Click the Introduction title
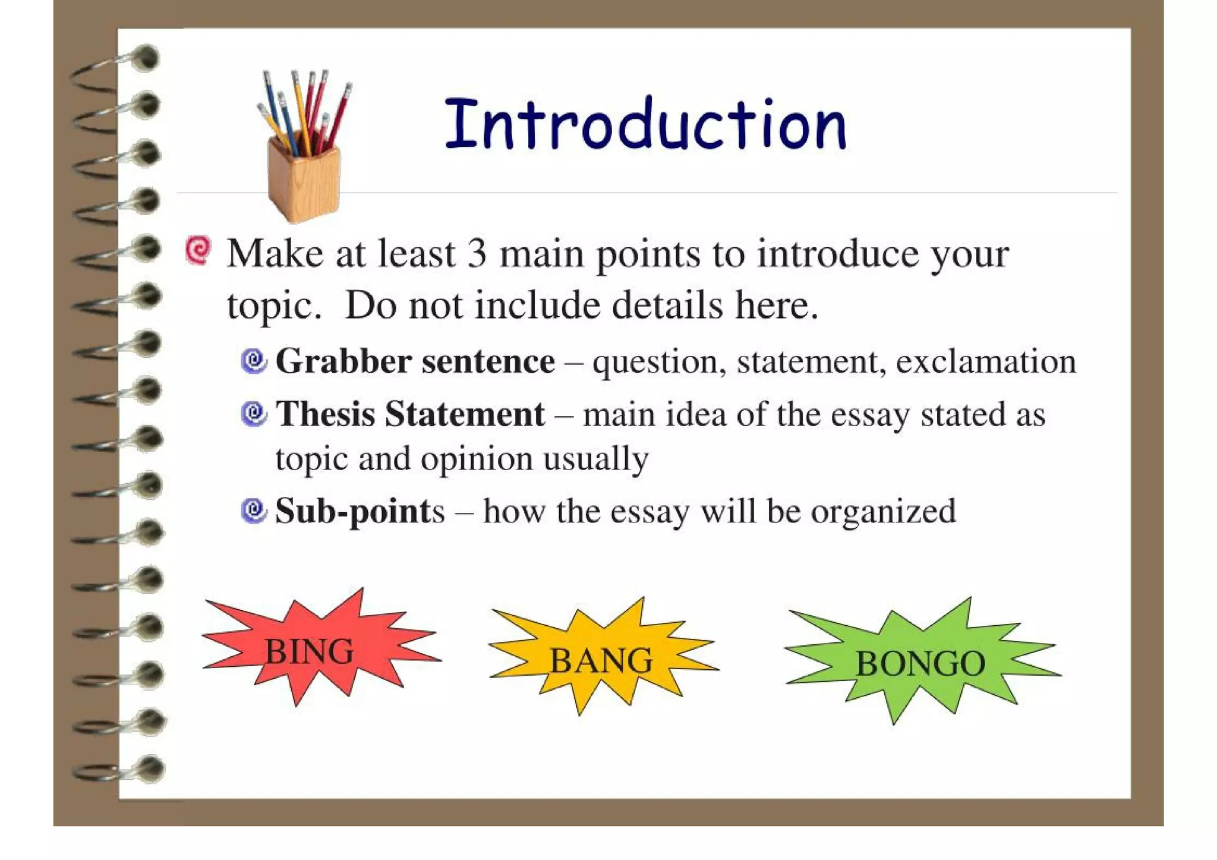645,125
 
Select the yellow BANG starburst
601,660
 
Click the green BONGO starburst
920,663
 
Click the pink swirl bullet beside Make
198,250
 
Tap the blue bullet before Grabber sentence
254,361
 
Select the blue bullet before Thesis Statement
254,414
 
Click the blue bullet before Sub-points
254,511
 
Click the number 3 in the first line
477,254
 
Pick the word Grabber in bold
343,361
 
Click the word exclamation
986,361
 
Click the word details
667,305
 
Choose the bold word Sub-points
360,512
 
